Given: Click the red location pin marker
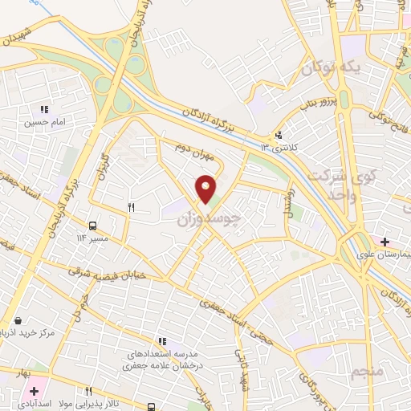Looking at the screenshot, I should tap(206, 189).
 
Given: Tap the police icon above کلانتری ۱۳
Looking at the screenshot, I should tap(278, 135).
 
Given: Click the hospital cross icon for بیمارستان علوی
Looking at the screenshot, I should tap(385, 241).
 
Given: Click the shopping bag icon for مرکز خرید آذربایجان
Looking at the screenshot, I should tap(18, 319).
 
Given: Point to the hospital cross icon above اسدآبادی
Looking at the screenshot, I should tap(34, 390).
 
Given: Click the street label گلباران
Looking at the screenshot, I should tap(102, 166).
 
